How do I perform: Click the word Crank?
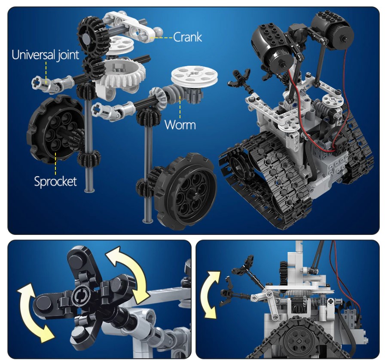pyautogui.click(x=187, y=37)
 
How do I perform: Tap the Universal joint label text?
pyautogui.click(x=45, y=55)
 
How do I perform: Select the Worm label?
pyautogui.click(x=180, y=125)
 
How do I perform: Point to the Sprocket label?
pyautogui.click(x=55, y=181)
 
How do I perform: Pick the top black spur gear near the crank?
pyautogui.click(x=92, y=32)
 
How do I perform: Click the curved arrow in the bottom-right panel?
pyautogui.click(x=210, y=295)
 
